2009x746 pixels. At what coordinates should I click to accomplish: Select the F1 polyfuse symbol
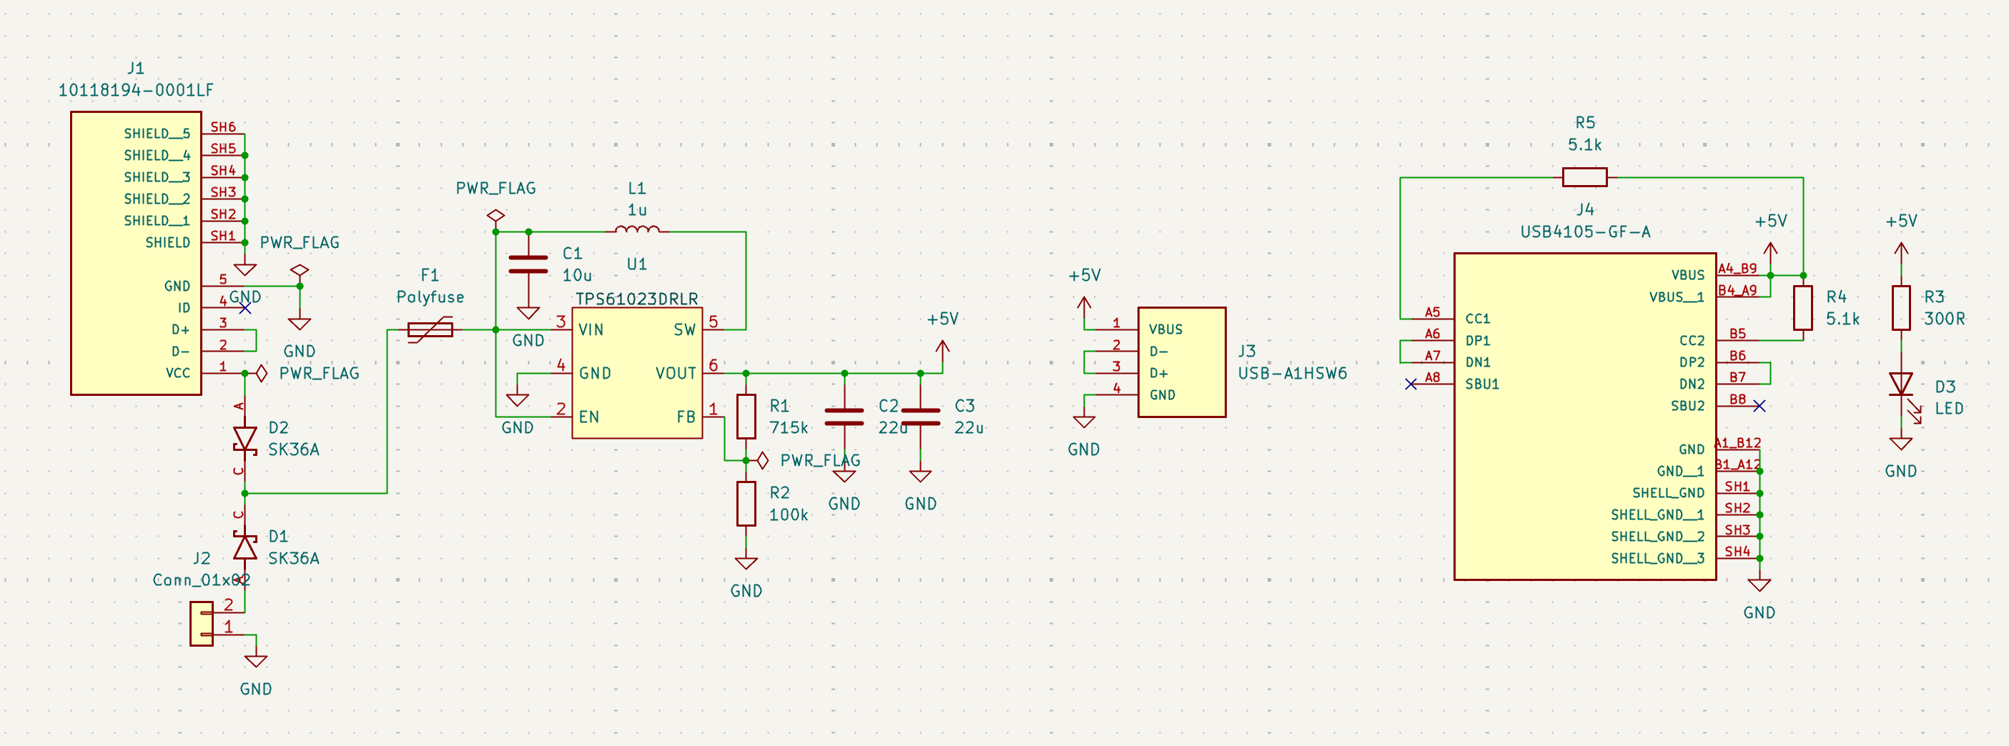pos(430,329)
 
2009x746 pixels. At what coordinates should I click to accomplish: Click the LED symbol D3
pos(1900,385)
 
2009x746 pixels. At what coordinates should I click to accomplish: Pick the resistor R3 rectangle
pos(1900,308)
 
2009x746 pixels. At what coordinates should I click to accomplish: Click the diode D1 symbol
pos(245,547)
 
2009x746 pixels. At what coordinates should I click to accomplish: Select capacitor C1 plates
pos(528,265)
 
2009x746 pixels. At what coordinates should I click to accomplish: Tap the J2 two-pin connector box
pos(201,624)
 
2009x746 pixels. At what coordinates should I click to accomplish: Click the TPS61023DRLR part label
pos(636,299)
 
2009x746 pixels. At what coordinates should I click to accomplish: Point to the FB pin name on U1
pos(686,417)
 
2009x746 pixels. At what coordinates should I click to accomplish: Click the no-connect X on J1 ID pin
pos(245,309)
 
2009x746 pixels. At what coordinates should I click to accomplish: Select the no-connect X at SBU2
pos(1759,406)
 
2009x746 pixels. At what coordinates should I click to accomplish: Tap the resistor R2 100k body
pos(746,504)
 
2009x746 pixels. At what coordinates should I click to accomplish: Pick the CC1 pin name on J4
pos(1477,319)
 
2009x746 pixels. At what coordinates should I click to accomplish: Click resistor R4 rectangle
pos(1802,308)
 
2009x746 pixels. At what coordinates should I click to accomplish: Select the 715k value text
pos(788,428)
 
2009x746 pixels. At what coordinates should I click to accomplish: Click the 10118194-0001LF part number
pos(136,91)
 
